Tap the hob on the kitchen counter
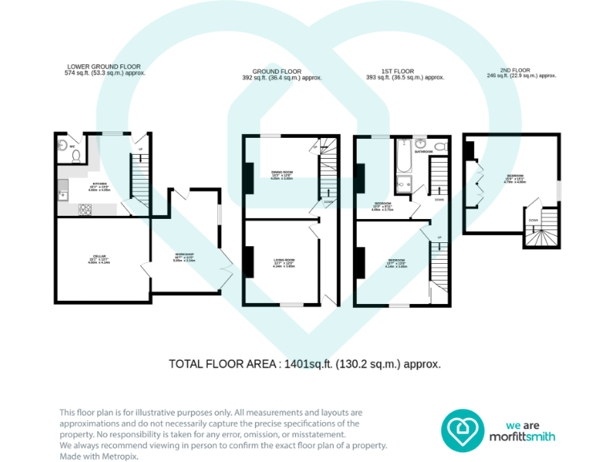(84, 210)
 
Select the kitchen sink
(63, 192)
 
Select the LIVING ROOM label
(284, 262)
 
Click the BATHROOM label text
(423, 151)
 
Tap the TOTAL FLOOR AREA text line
(305, 363)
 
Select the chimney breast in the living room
(249, 261)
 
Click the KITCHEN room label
(93, 188)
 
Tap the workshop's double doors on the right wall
(227, 268)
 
